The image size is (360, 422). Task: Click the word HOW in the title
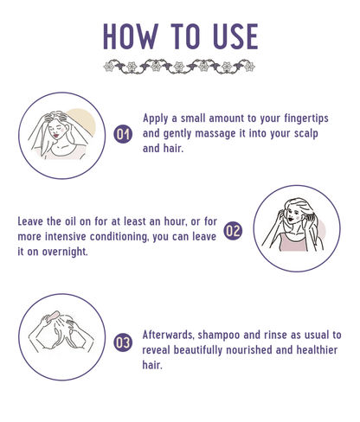pos(131,36)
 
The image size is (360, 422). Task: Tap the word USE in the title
pos(235,36)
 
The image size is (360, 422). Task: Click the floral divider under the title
pos(179,67)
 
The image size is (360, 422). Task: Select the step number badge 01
pos(123,134)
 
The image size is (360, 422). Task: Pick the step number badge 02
pos(233,231)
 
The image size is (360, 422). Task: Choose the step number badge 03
pos(123,342)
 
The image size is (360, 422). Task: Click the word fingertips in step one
pos(306,118)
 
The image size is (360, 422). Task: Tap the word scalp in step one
pos(306,134)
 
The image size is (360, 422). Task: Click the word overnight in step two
pos(65,252)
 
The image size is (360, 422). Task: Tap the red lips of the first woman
pos(56,135)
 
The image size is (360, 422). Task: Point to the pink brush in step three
pos(53,316)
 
